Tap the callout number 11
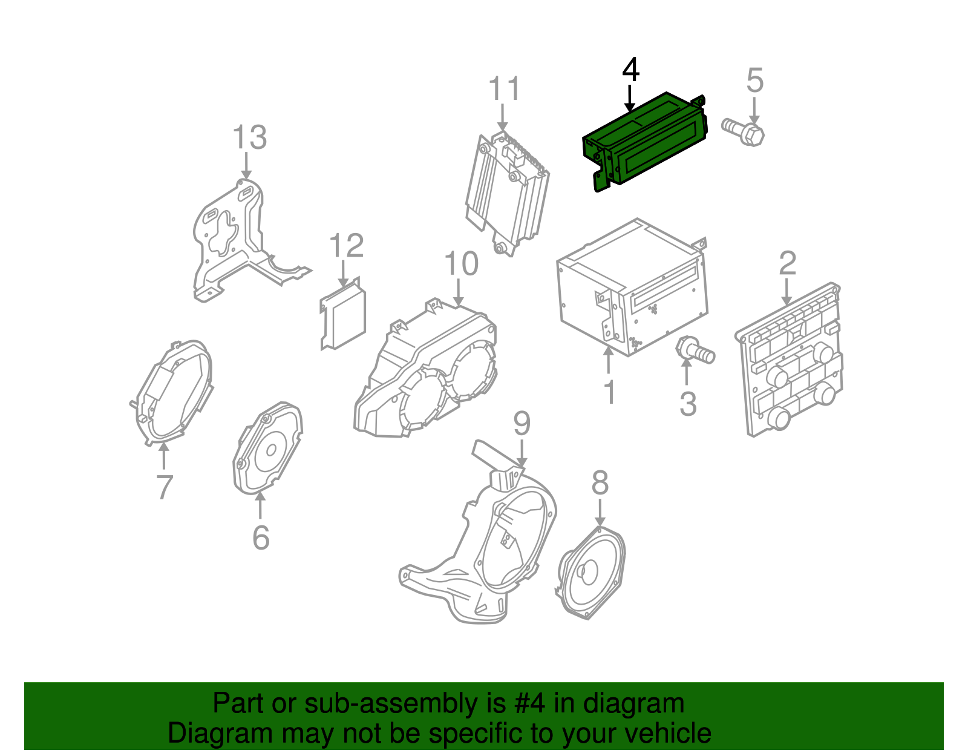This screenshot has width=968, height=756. click(x=505, y=88)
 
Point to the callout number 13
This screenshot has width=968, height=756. click(x=250, y=137)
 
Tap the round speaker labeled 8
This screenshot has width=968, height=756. click(x=592, y=573)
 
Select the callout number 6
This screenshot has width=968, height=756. click(x=261, y=537)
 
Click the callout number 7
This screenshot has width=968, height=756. click(x=164, y=487)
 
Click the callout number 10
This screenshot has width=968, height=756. click(x=462, y=263)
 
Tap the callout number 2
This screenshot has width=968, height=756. click(x=787, y=263)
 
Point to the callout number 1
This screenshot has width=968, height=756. click(x=610, y=392)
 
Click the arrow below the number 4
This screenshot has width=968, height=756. click(x=629, y=99)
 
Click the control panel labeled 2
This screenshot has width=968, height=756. click(x=788, y=360)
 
